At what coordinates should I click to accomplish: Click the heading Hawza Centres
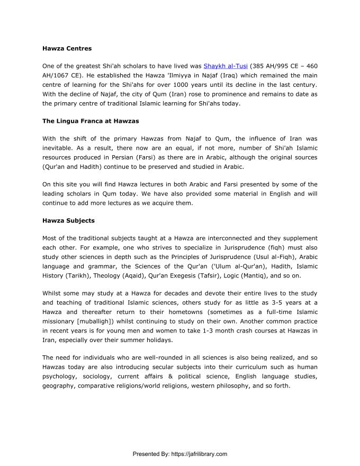[67, 48]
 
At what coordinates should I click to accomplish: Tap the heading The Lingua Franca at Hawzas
[91, 121]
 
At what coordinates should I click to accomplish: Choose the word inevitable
[58, 148]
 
